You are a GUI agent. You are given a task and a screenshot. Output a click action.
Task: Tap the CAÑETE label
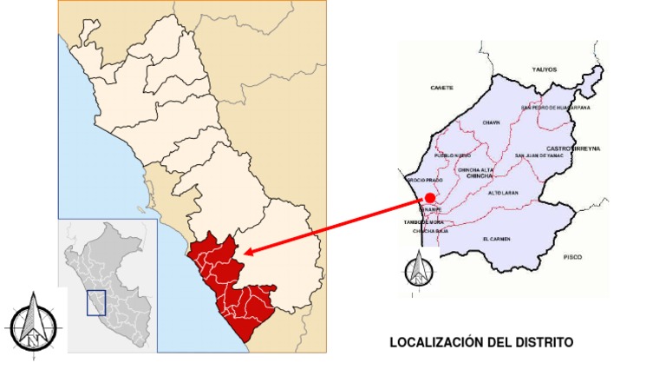click(441, 88)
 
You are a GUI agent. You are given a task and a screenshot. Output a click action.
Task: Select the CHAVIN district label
click(492, 122)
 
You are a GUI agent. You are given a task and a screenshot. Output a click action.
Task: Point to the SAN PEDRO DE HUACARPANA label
click(555, 108)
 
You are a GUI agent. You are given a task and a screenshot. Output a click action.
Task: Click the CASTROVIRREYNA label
click(573, 148)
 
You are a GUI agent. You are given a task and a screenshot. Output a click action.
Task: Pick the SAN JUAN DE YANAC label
click(539, 155)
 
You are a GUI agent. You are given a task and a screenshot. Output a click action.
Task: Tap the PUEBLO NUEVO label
click(452, 155)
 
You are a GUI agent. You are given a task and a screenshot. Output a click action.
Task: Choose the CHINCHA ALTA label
click(475, 169)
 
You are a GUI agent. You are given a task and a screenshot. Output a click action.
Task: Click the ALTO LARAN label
click(503, 192)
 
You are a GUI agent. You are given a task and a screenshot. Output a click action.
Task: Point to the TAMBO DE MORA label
click(423, 222)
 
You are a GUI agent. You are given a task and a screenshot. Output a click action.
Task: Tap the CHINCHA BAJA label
click(429, 231)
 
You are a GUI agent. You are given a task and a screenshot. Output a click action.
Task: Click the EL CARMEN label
click(497, 238)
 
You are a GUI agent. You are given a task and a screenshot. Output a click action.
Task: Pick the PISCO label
click(572, 257)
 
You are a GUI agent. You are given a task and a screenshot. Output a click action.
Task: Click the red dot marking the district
click(430, 198)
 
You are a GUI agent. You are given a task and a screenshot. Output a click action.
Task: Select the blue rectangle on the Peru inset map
click(95, 302)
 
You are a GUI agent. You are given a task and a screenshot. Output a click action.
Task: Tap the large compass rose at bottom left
click(32, 323)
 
